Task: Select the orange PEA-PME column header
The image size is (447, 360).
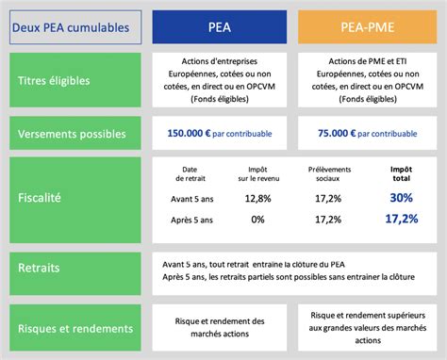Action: click(368, 28)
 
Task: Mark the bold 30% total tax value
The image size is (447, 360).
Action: click(402, 198)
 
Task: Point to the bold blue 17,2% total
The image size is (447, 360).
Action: click(402, 219)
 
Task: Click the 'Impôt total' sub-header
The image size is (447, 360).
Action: click(402, 173)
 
